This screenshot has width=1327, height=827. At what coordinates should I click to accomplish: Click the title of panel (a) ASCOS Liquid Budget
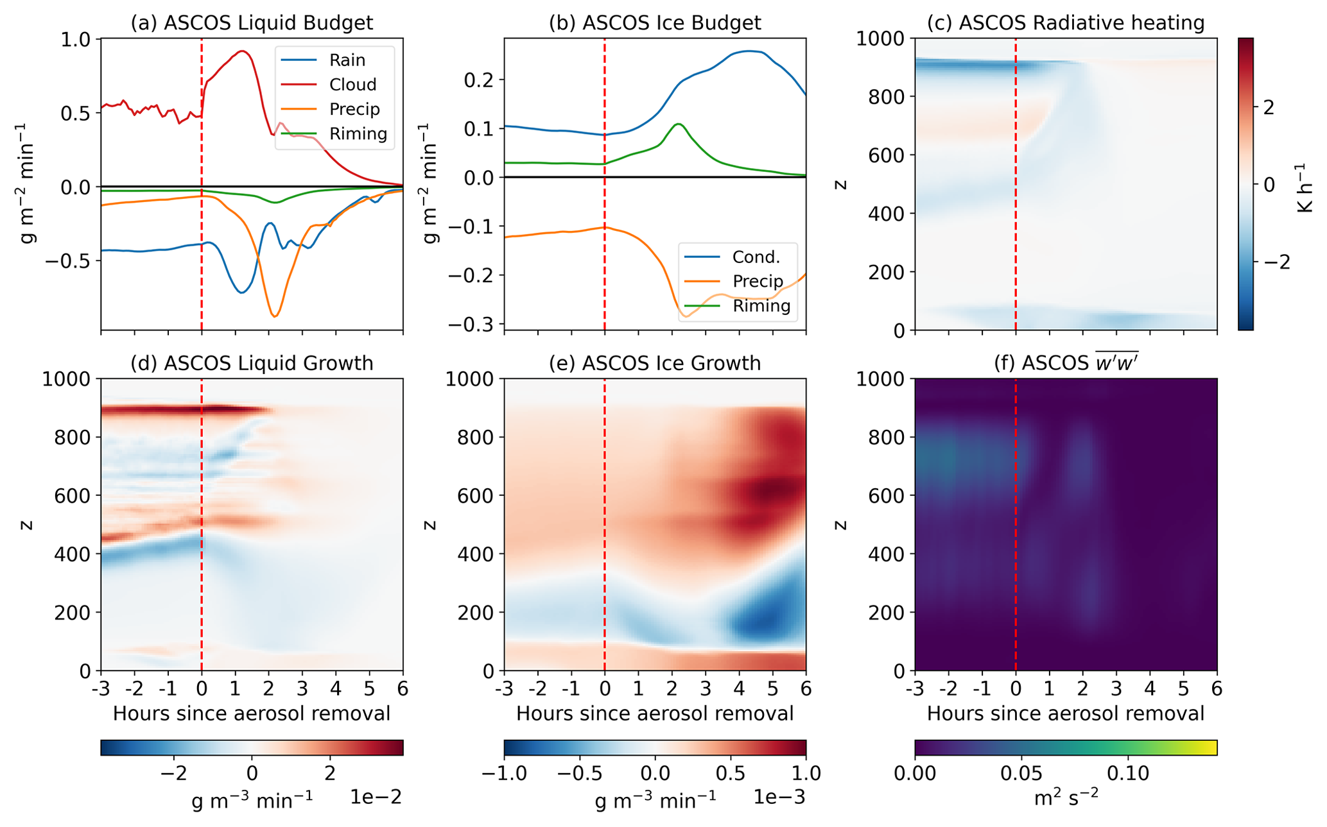coord(252,23)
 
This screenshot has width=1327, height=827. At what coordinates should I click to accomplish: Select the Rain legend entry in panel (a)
coord(347,60)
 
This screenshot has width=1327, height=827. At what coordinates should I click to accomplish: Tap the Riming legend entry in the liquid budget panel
coord(358,134)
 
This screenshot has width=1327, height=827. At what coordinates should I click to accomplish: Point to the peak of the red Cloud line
coord(242,51)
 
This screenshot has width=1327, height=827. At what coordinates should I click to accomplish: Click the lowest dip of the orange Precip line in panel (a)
coord(274,316)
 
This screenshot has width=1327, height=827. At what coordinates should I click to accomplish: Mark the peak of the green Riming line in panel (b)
coord(678,124)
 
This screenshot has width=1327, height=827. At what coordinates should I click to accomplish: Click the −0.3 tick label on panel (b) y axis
coord(473,324)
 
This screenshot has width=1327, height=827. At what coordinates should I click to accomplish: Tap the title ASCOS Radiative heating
coord(1066,23)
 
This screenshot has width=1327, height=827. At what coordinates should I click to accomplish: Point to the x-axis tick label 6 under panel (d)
coord(403,689)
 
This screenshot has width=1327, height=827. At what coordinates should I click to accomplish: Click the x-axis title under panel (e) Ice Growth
coord(655,713)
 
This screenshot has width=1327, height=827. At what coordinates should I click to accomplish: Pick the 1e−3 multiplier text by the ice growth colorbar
coord(778,797)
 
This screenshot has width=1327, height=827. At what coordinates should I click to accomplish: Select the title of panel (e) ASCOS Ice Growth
coord(655,364)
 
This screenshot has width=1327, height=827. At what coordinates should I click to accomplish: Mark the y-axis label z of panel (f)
coord(840,525)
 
